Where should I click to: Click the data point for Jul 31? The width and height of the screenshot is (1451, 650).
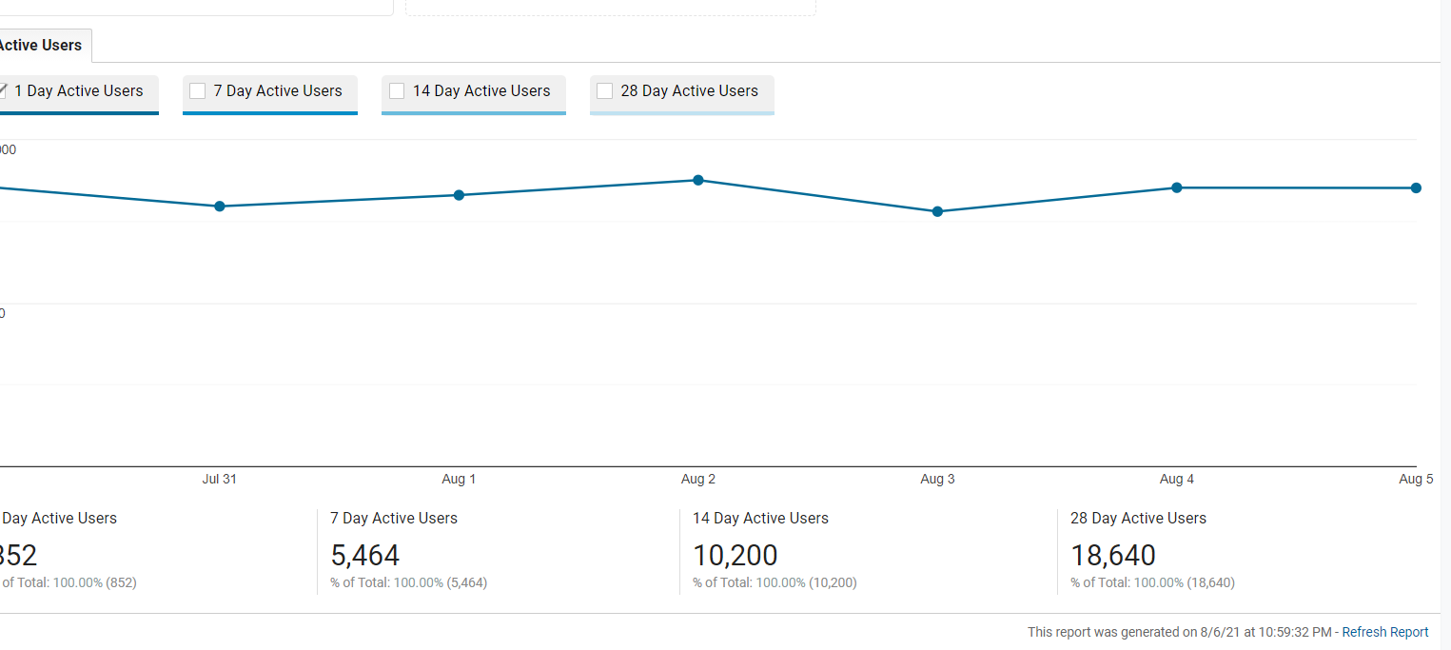[x=220, y=207]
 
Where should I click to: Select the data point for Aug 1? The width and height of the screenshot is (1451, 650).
[x=459, y=195]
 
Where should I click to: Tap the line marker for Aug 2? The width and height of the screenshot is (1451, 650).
[x=698, y=180]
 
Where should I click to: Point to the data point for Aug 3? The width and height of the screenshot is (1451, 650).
[x=937, y=211]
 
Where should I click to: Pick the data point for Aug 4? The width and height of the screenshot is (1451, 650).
[x=1177, y=187]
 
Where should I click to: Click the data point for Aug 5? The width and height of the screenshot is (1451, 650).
[x=1416, y=187]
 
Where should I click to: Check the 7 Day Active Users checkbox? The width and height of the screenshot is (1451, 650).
[x=198, y=91]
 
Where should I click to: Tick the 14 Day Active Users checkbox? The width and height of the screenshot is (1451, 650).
[x=397, y=91]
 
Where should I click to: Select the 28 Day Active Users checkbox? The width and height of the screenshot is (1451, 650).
[x=604, y=91]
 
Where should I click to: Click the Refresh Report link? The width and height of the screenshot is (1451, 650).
[x=1385, y=632]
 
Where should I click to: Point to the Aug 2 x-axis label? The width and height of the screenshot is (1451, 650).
[x=698, y=479]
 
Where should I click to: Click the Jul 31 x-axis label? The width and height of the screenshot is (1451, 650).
[x=220, y=479]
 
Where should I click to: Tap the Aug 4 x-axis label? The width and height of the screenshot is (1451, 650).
[x=1177, y=479]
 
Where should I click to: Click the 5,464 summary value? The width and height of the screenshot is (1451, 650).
[x=365, y=555]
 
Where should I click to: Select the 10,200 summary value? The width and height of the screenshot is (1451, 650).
[x=735, y=555]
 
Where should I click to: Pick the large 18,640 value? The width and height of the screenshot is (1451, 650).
[x=1113, y=555]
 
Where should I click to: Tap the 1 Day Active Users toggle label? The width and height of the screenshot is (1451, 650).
[x=78, y=91]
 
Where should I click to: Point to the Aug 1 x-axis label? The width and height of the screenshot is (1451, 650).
[x=459, y=479]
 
